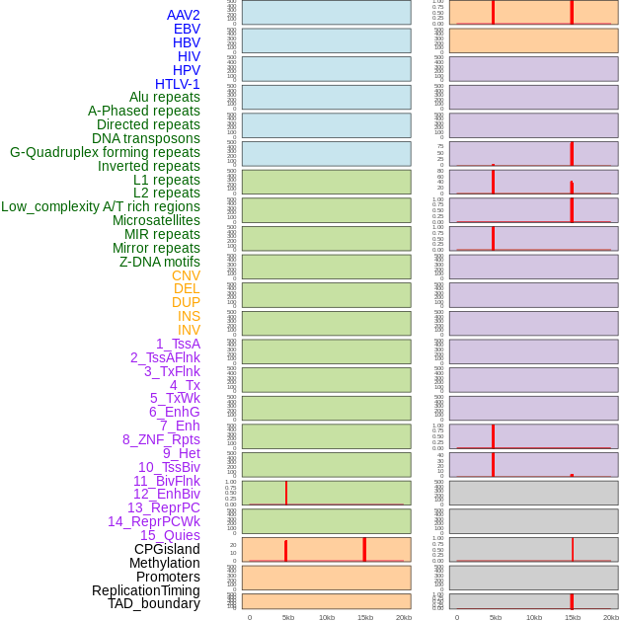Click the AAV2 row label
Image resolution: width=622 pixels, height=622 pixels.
183,15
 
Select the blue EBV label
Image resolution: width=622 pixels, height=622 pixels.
187,29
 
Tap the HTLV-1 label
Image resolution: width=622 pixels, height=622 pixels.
177,84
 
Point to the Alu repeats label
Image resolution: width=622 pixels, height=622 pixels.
164,97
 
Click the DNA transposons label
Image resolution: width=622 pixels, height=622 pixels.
146,138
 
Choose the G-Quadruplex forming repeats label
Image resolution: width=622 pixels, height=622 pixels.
105,152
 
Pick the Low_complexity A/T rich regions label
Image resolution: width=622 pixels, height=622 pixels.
101,206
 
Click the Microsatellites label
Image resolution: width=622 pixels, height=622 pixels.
156,220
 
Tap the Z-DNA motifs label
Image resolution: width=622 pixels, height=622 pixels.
160,262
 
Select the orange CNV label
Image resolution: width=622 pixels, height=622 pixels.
186,275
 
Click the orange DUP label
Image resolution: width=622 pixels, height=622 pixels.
186,302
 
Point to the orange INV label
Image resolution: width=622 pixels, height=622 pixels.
189,330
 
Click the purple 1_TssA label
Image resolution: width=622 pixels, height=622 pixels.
178,344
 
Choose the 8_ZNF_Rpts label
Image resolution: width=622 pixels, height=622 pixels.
161,439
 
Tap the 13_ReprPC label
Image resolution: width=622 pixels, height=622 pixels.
163,507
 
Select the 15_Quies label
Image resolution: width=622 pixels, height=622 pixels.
170,535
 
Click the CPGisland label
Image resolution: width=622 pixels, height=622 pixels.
167,549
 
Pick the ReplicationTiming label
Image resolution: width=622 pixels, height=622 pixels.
146,590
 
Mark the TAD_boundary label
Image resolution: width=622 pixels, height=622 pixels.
154,603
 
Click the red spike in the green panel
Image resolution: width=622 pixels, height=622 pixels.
286,492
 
